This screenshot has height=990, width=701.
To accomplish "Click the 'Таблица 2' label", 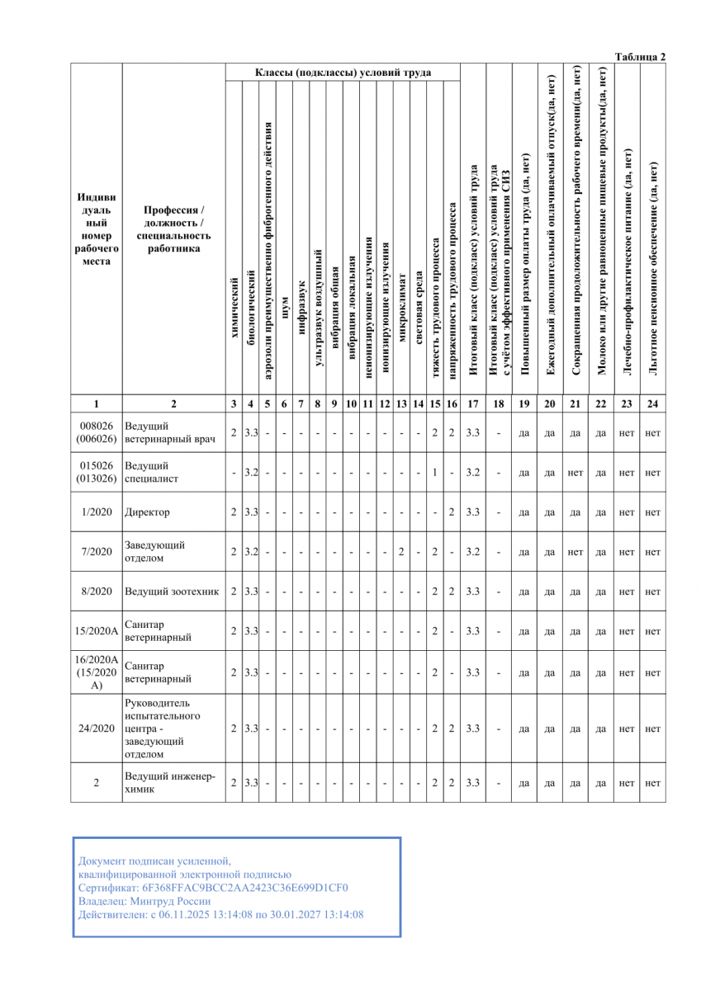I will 640,56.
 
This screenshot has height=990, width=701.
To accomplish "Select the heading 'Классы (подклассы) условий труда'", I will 343,73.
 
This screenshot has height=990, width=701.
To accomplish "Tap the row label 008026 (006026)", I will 96,432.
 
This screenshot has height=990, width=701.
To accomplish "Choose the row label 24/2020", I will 96,728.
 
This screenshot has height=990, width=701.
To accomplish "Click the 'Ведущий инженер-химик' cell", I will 169,782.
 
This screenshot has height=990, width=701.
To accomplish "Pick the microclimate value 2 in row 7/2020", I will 400,551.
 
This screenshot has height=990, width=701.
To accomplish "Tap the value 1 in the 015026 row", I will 434,473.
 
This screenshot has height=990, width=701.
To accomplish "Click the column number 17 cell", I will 472,404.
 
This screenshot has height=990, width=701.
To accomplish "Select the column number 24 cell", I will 652,404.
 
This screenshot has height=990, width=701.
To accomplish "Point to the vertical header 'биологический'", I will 251,332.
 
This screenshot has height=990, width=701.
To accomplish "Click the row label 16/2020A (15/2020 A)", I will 96,672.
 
